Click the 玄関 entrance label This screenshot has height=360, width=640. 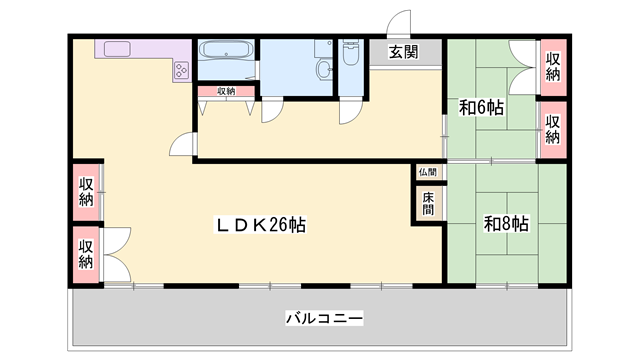pos(404,52)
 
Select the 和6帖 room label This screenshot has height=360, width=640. pos(481,107)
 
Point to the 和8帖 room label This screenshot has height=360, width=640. pos(506,224)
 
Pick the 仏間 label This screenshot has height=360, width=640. pos(428,172)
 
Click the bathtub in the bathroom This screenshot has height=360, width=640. pos(225,51)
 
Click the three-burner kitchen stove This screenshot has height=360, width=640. pos(183,70)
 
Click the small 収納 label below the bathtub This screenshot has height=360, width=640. pos(225,91)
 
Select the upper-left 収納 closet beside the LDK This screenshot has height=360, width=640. pos(86,190)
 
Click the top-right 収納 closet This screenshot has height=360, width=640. pos(553,66)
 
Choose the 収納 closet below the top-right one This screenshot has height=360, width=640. pos(553,129)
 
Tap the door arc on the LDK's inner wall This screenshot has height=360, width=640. pos(183,146)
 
